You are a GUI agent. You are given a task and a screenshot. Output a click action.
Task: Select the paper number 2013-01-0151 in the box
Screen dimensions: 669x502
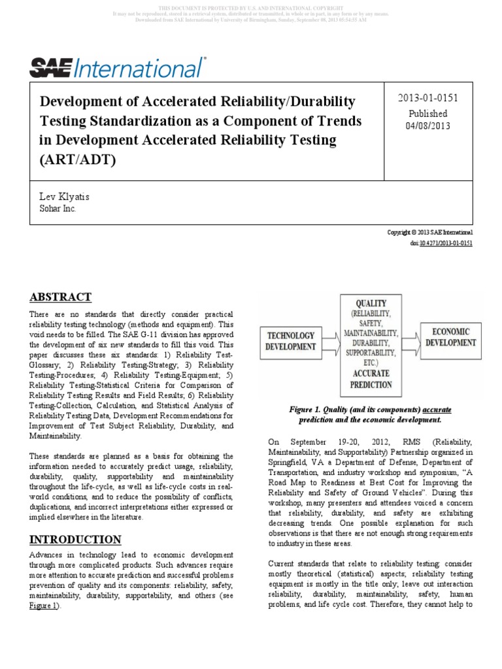428,98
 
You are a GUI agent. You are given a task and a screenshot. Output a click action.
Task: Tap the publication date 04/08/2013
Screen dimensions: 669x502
428,126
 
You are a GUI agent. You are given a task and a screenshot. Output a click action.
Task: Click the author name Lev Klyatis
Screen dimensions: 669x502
65,197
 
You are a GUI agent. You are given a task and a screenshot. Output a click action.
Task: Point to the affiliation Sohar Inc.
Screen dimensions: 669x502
58,209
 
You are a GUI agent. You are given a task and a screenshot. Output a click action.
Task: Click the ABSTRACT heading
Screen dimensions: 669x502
60,297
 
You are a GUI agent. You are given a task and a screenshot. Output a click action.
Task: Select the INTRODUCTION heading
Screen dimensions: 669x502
75,539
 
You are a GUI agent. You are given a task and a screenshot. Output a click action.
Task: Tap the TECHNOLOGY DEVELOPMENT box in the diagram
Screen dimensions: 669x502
290,341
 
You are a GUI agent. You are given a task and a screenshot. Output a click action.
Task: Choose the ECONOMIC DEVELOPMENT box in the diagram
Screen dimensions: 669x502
451,336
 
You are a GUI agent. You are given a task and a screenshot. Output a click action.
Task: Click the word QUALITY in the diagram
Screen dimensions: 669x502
371,304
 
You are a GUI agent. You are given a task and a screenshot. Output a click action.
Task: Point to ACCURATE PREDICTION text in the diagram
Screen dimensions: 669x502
371,378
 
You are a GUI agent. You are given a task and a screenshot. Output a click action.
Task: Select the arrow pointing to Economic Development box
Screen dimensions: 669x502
410,338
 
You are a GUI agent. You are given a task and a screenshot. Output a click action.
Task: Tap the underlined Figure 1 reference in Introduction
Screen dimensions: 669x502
44,606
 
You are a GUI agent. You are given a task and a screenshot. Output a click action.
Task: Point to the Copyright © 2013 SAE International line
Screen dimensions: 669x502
430,232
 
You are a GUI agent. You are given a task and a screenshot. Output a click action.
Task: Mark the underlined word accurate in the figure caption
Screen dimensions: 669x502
437,410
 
